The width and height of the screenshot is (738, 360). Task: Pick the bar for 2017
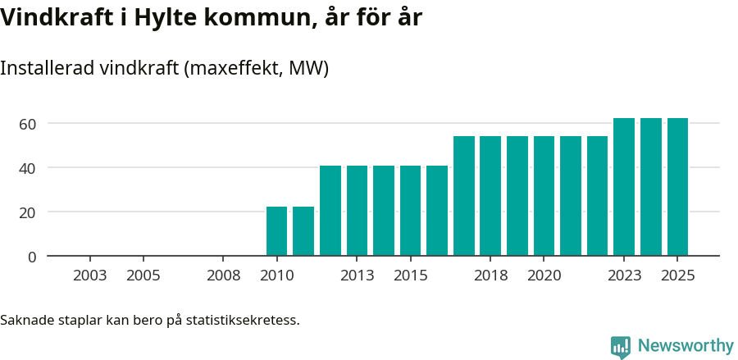[464, 196]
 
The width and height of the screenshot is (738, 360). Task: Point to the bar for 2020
[544, 196]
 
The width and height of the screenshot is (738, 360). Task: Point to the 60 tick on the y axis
[28, 124]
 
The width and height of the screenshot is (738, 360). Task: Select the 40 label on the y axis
[28, 168]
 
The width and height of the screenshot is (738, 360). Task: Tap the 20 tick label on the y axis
[28, 212]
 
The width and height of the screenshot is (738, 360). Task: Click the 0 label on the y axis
[32, 257]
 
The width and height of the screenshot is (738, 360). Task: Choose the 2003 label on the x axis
[89, 276]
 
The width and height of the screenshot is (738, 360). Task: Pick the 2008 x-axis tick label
[223, 276]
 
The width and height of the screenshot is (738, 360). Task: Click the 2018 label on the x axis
[490, 276]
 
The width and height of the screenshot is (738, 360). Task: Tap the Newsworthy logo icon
[621, 347]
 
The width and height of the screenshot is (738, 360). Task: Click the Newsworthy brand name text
[686, 347]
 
